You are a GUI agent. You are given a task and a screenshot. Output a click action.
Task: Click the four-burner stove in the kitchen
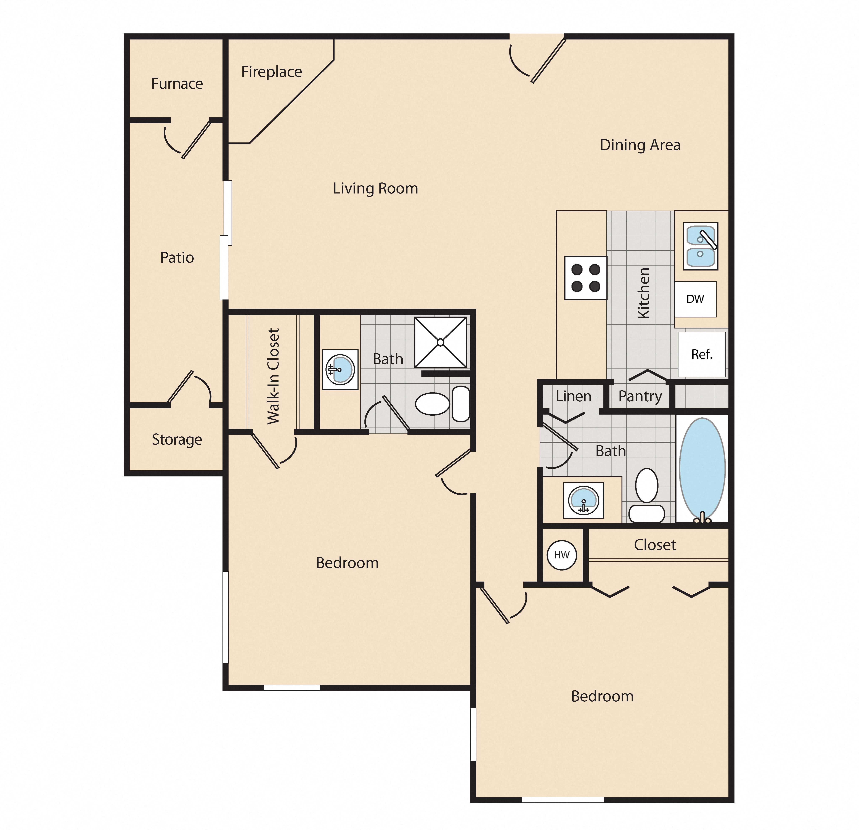click(x=585, y=278)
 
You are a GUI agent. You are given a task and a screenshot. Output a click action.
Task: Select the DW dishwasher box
click(x=695, y=299)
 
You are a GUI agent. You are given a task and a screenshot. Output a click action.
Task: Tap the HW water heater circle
click(x=562, y=555)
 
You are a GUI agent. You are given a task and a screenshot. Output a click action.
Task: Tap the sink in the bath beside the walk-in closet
click(x=340, y=369)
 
